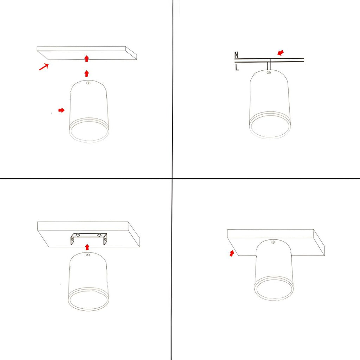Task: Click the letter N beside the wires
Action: [x=237, y=54]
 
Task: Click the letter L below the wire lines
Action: [x=237, y=67]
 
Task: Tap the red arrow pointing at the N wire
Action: [x=281, y=53]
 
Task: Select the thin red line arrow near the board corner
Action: [x=44, y=67]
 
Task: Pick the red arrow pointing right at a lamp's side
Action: [x=61, y=110]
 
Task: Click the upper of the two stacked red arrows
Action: [x=86, y=59]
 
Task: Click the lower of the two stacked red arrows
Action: [x=86, y=73]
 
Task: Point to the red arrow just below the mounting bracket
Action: [x=87, y=247]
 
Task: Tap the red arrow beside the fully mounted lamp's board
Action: [x=232, y=253]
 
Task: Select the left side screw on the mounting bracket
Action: [x=72, y=239]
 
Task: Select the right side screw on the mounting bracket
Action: [x=105, y=239]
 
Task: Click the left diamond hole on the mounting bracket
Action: [x=78, y=235]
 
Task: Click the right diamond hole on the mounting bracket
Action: [x=99, y=235]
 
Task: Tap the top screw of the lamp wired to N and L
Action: [x=269, y=73]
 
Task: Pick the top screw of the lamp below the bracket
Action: [x=88, y=255]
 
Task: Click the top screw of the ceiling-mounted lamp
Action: [x=273, y=242]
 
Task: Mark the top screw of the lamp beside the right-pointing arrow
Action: [x=88, y=83]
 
